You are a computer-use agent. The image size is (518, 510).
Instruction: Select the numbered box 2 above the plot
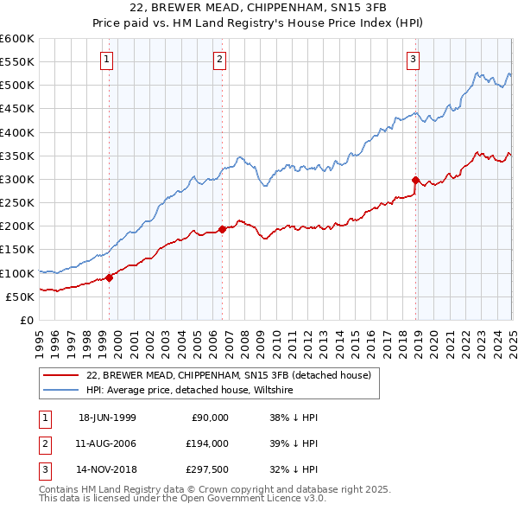click(220, 60)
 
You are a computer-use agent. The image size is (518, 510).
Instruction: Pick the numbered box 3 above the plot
click(414, 60)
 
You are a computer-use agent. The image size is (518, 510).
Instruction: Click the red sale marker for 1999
click(110, 277)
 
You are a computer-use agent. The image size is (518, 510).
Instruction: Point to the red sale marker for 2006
click(223, 229)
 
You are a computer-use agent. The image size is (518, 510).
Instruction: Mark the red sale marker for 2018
click(416, 181)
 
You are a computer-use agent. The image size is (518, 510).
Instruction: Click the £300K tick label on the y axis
click(17, 180)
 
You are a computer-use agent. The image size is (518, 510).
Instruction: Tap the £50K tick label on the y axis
click(21, 296)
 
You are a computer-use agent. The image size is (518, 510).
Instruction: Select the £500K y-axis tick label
click(17, 86)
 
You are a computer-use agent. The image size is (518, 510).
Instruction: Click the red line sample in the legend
click(61, 375)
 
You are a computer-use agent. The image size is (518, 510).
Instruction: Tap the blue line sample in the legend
click(61, 390)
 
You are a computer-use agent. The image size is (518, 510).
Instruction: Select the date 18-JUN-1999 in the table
click(107, 418)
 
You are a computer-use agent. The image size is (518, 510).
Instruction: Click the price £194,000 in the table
click(207, 443)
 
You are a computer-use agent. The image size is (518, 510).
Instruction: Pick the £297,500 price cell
click(207, 469)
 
